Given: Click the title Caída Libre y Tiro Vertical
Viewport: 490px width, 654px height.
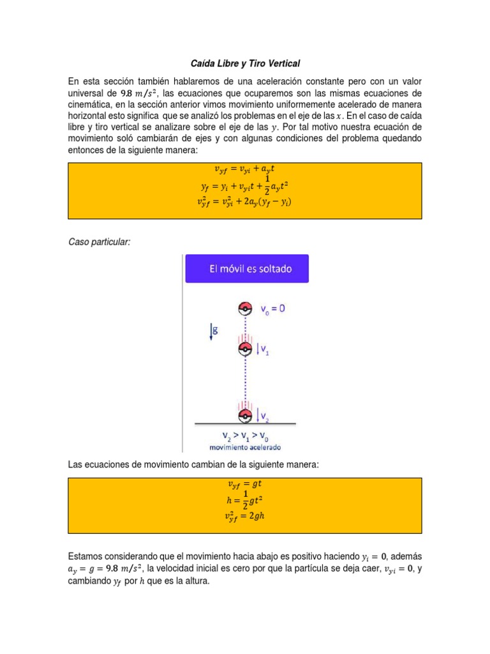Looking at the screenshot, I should click(246, 64).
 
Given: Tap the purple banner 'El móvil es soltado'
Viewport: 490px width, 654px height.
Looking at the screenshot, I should click(247, 269).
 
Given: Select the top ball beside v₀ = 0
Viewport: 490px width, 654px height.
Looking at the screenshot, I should click(246, 309).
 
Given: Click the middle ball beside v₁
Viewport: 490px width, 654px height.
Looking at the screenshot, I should click(246, 349).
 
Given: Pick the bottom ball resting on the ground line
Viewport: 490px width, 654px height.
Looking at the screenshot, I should click(246, 416).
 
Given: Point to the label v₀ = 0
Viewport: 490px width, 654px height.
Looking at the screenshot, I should click(272, 309).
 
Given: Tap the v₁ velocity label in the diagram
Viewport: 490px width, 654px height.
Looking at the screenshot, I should click(262, 349).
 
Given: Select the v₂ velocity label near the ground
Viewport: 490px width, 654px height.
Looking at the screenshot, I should click(262, 416).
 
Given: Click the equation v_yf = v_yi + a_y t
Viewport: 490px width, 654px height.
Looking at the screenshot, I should click(245, 170).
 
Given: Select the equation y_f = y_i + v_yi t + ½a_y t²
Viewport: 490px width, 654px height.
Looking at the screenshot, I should click(245, 186).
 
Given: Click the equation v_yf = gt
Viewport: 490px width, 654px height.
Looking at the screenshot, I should click(245, 483).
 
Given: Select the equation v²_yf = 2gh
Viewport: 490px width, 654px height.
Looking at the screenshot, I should click(245, 516).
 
